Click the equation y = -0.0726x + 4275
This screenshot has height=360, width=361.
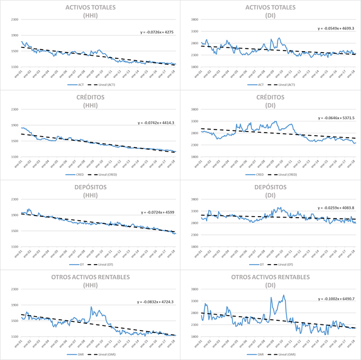point(157,32)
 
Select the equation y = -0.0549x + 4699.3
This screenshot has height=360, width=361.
point(336,28)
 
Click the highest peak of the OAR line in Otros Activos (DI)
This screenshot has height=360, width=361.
point(283,296)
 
